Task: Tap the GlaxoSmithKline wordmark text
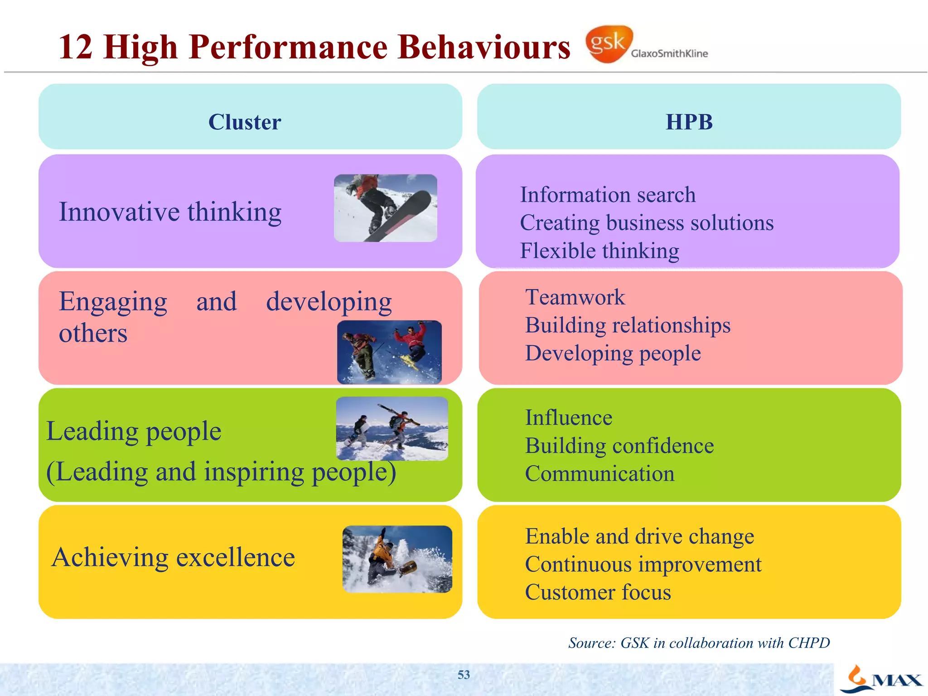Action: click(x=669, y=53)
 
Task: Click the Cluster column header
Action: click(x=245, y=122)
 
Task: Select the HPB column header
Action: click(x=689, y=122)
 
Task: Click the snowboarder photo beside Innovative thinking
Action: click(x=386, y=208)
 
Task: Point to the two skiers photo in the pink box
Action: click(x=389, y=352)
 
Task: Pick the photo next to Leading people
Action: click(x=392, y=429)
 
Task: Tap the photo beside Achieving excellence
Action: click(x=397, y=559)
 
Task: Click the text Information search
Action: click(x=608, y=195)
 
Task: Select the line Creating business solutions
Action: click(x=647, y=223)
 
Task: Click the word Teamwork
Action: click(x=575, y=298)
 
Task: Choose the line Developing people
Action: click(x=613, y=353)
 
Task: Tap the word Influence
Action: click(x=569, y=418)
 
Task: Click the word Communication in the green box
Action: click(x=599, y=474)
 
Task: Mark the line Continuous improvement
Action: click(x=643, y=565)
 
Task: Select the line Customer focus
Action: click(x=598, y=593)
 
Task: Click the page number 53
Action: click(x=464, y=675)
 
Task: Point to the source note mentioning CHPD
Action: click(x=699, y=643)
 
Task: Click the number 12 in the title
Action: click(x=76, y=47)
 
